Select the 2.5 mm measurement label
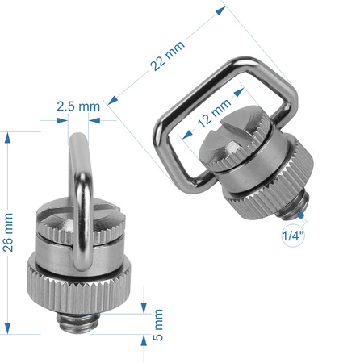point(78,106)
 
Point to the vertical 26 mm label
point(9,232)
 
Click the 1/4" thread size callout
point(291,236)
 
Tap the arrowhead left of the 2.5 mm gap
point(61,121)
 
